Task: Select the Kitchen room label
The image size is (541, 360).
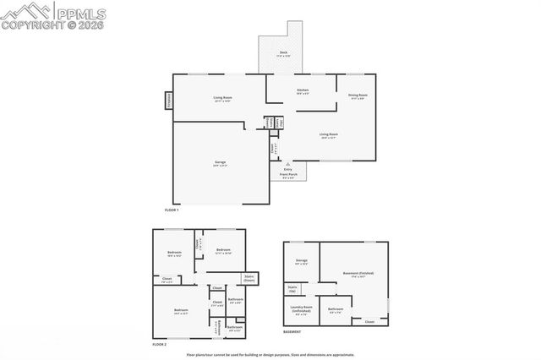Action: coord(302,91)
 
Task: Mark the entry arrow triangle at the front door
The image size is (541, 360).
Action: coord(287,163)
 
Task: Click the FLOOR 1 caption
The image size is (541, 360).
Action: coord(172,209)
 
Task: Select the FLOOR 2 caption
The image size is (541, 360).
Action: coord(159,346)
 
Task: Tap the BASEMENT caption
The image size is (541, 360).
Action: coord(292,332)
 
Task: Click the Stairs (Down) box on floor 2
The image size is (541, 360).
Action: coord(249,278)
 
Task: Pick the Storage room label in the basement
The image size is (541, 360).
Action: coord(301,260)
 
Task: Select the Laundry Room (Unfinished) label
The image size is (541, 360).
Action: coord(301,308)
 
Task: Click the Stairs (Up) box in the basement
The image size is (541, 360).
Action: coord(292,289)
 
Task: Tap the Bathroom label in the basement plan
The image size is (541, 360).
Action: coord(336,310)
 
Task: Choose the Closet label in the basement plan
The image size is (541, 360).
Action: coord(369,321)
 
